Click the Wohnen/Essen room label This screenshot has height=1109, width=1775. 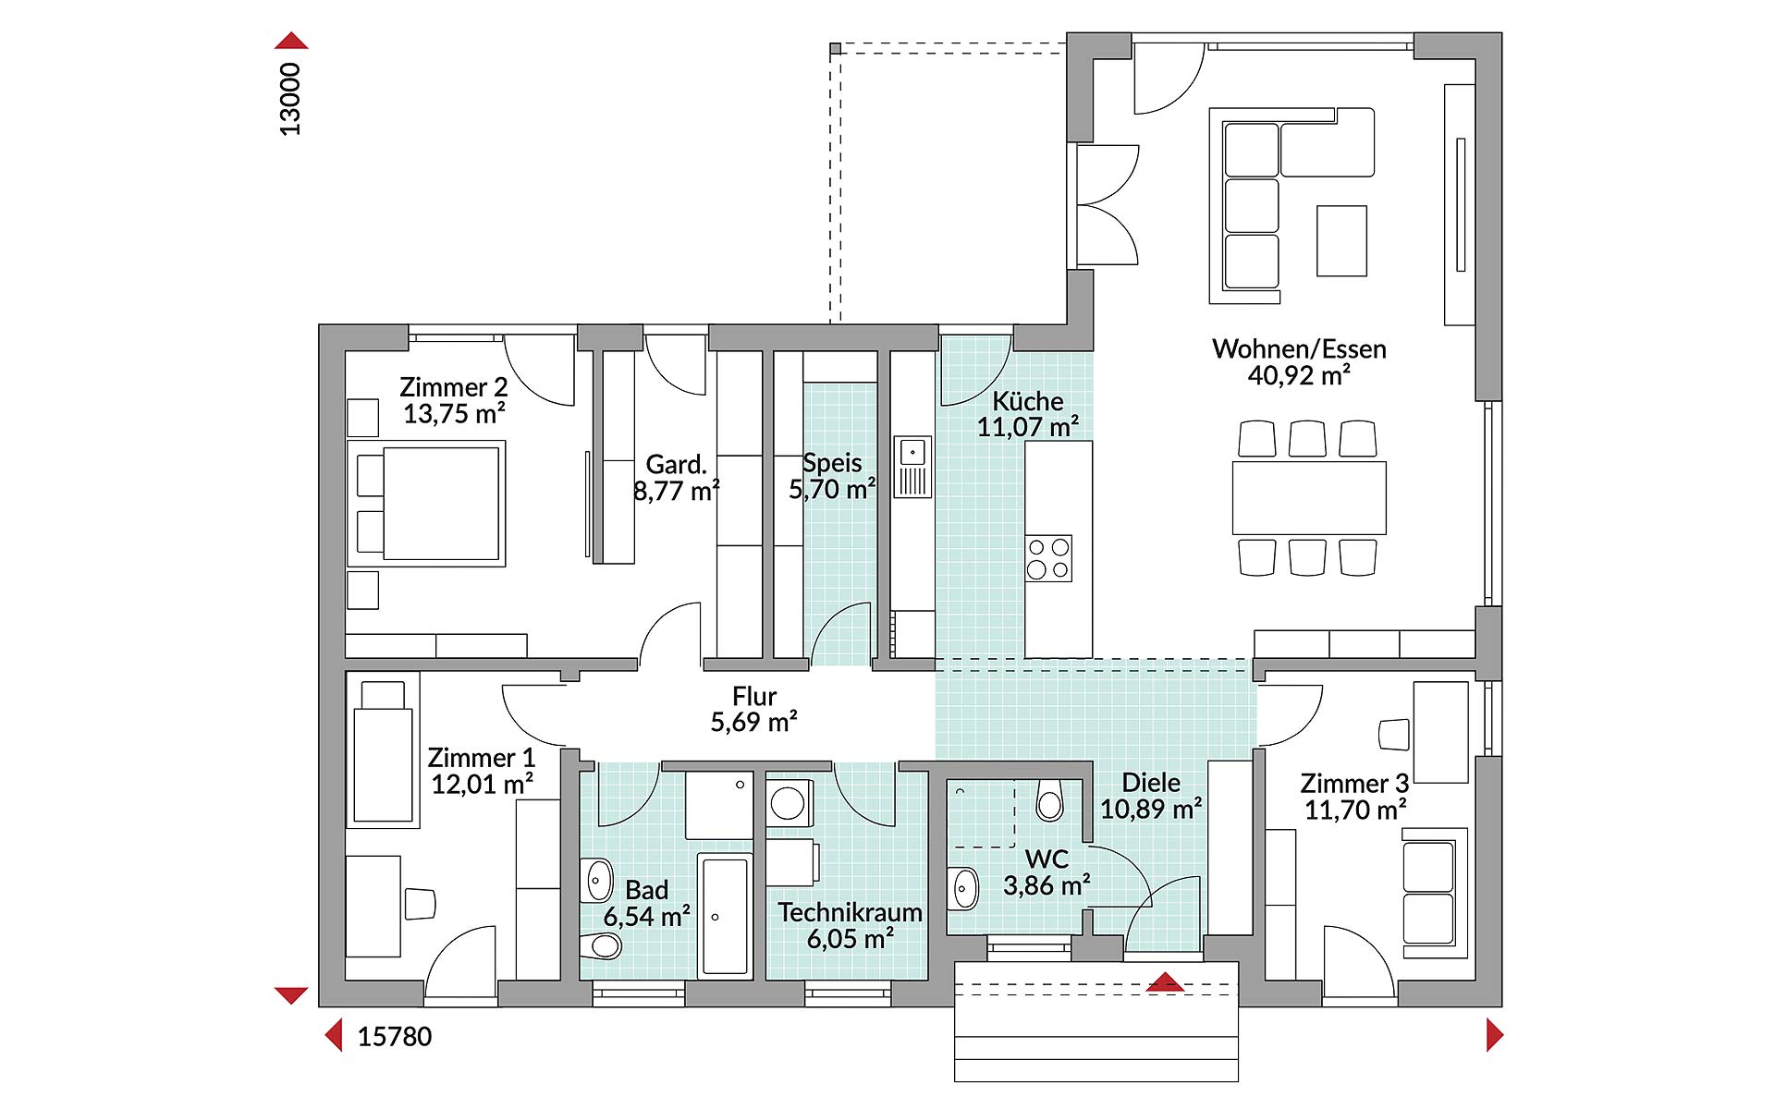(x=1299, y=349)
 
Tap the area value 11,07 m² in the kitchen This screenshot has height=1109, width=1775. (x=1028, y=427)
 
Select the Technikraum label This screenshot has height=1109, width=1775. (x=850, y=912)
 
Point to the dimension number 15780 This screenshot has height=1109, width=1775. (x=395, y=1036)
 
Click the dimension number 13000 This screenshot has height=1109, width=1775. (x=290, y=99)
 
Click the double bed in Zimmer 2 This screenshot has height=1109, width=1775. (x=426, y=503)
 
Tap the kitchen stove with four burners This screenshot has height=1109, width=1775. (x=1048, y=558)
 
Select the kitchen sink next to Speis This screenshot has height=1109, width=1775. (x=912, y=467)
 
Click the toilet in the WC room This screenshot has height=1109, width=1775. (x=1050, y=800)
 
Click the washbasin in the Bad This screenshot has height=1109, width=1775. (x=597, y=880)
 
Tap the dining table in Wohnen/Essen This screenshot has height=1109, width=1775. (x=1309, y=498)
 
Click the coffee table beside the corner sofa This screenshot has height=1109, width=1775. (x=1341, y=240)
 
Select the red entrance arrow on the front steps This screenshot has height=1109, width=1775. (x=1165, y=982)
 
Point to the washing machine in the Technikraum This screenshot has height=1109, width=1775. (x=789, y=803)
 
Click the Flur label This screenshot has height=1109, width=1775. (x=754, y=696)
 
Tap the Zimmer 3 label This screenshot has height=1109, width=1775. (x=1354, y=784)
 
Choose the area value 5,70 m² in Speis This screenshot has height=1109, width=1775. (x=832, y=489)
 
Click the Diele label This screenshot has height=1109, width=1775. (x=1151, y=783)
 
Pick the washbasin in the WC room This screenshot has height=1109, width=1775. (x=963, y=889)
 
